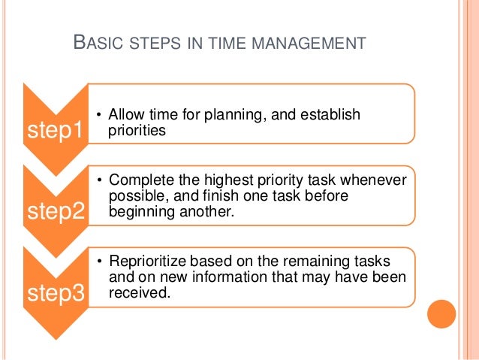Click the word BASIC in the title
pos(98,44)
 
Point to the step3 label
pos(55,293)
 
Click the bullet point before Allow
pos(100,115)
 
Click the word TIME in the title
pos(220,44)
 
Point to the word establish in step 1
pos(333,115)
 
